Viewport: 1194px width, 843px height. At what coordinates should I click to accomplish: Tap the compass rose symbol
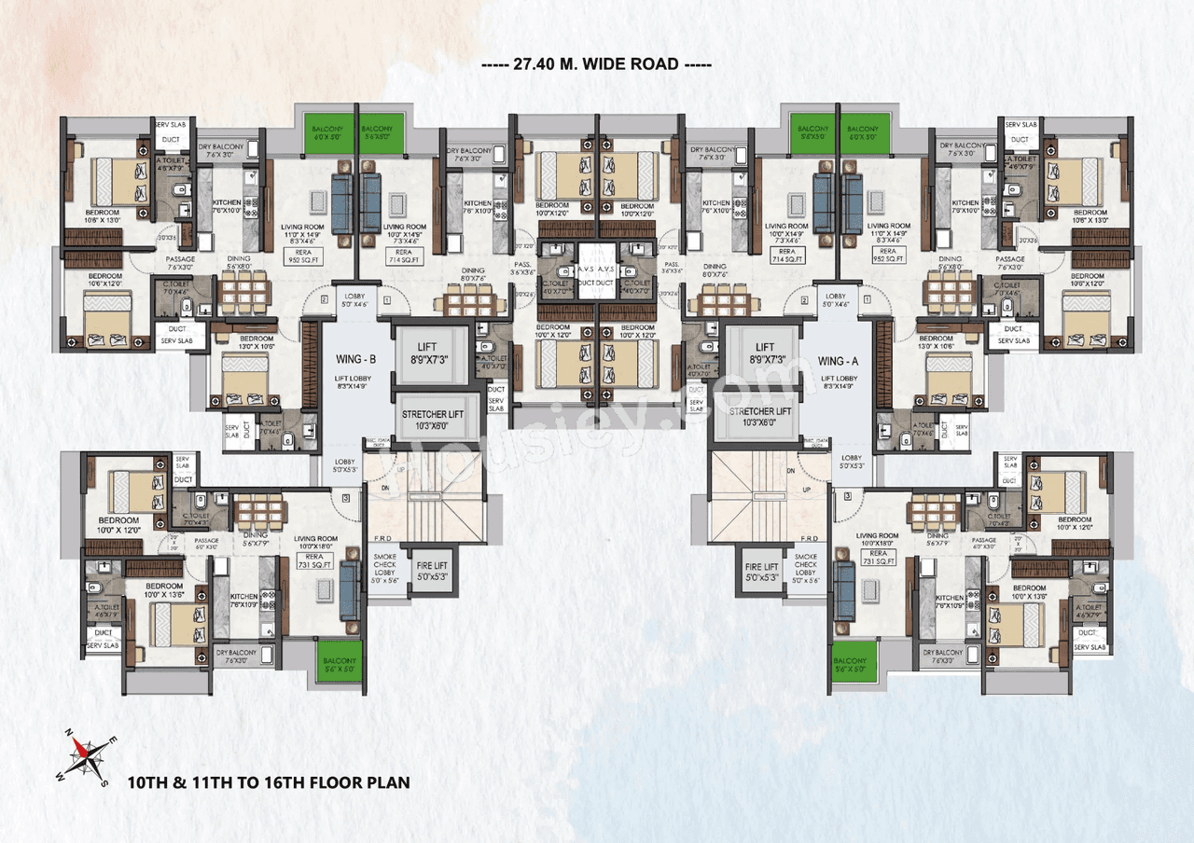(85, 751)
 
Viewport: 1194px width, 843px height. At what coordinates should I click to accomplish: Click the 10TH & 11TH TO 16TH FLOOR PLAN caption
(269, 781)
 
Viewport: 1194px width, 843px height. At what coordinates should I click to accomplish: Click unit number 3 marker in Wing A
(848, 497)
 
